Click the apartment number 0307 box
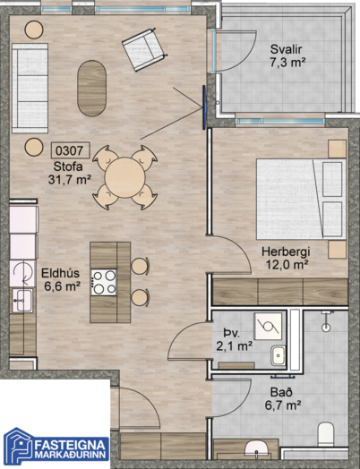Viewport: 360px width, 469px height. coord(71,150)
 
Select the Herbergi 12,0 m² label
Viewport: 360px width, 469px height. coord(286,258)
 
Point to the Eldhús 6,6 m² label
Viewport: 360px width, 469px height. coord(61,279)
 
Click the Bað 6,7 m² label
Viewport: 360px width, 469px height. coord(282,399)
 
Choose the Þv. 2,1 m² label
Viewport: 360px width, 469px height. coord(235,339)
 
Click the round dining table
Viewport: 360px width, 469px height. coord(124,177)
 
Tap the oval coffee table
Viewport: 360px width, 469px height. coord(91,89)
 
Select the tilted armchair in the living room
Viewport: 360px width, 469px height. coord(144,49)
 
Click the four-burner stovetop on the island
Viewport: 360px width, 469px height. coord(104,282)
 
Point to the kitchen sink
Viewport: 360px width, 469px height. coord(21,300)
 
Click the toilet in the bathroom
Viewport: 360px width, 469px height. coord(326,434)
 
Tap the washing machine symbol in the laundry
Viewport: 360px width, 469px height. coord(268,327)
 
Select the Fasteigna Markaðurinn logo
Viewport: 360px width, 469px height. coord(56,448)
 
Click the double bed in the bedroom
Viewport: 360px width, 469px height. coord(301,199)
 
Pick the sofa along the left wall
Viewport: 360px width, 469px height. coord(30,89)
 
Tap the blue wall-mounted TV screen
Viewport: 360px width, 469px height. coord(204,107)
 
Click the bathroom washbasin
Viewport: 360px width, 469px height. coord(257,449)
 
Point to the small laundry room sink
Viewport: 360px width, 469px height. coord(279,355)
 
